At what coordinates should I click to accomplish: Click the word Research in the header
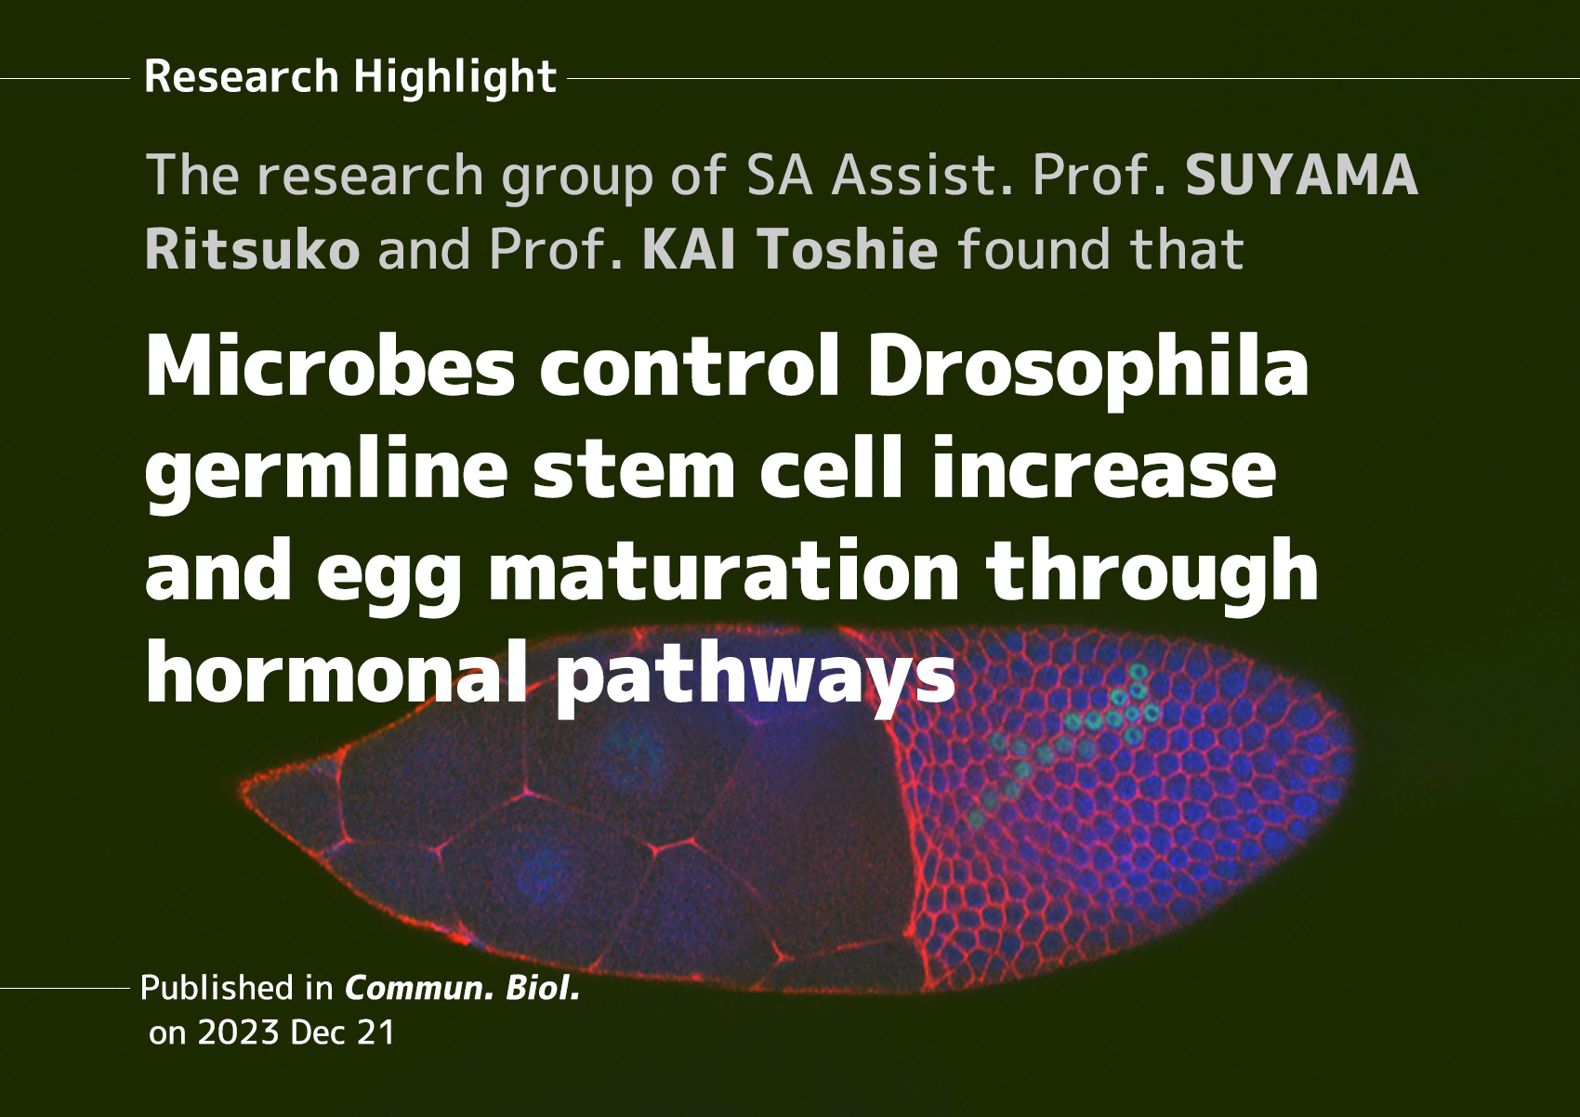pos(242,76)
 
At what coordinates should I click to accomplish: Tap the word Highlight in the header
pos(455,77)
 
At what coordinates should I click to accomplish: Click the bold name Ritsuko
pos(253,250)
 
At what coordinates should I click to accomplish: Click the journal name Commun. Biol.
pos(462,988)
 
